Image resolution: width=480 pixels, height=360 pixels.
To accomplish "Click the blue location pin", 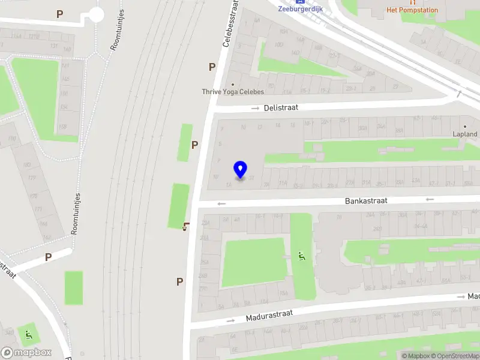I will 240,170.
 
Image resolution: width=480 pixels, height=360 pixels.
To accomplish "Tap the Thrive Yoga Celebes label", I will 233,92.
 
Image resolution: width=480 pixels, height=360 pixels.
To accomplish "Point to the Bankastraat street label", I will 366,200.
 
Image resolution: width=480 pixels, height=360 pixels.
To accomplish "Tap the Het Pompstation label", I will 412,10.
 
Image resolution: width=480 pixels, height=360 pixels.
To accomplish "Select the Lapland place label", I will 465,134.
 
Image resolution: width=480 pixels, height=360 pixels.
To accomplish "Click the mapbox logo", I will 26,353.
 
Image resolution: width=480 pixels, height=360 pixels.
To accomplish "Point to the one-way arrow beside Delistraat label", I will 255,108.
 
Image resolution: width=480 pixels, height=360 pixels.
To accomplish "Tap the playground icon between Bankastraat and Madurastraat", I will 302,257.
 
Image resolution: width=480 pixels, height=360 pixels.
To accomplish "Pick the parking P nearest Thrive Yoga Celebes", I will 212,67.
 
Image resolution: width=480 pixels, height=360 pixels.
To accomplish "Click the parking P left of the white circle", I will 59,14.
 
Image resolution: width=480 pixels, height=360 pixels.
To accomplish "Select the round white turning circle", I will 96,15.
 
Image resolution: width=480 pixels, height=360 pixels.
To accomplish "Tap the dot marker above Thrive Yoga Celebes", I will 233,84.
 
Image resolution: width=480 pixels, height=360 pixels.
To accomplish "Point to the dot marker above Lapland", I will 465,127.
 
